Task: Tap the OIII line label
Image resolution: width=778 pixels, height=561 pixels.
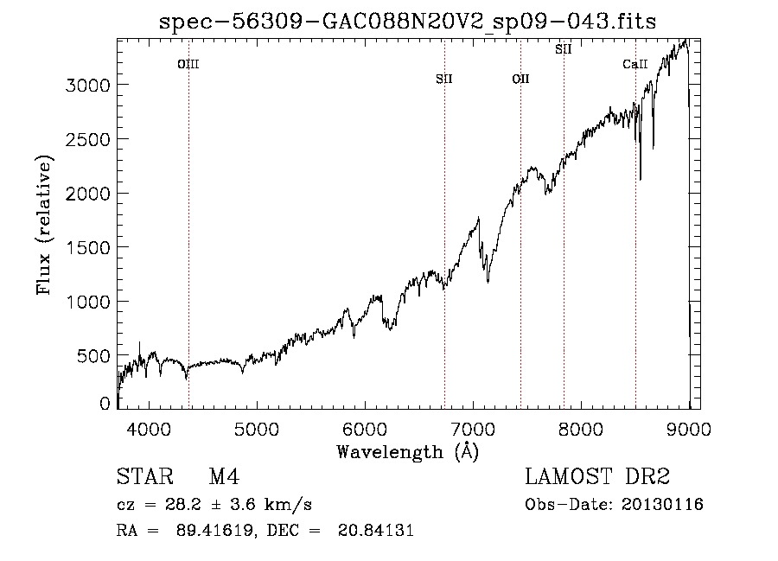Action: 188,64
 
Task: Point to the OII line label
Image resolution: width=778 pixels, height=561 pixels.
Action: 520,80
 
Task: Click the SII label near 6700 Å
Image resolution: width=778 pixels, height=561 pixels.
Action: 444,80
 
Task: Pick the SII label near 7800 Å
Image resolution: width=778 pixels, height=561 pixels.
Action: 564,49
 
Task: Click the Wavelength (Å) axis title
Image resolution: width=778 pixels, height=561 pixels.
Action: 407,451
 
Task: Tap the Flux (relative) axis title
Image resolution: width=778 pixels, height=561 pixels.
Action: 45,226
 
